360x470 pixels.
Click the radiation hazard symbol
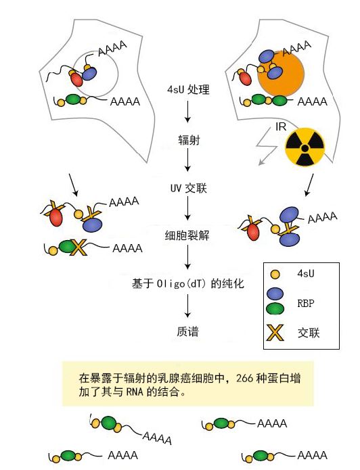tap(305, 147)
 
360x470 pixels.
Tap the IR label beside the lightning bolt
tap(281, 126)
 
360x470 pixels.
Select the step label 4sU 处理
tap(188, 90)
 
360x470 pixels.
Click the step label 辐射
tap(189, 140)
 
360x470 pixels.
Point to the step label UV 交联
tap(189, 188)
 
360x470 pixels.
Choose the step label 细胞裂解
tap(187, 235)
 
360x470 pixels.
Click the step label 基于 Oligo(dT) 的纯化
tap(188, 283)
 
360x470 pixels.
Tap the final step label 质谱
tap(187, 331)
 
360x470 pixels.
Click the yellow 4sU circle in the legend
tap(275, 274)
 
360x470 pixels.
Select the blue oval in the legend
tap(275, 293)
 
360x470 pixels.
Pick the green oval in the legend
tap(275, 308)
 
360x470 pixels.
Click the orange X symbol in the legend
tap(275, 333)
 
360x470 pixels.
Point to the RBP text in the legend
tap(306, 304)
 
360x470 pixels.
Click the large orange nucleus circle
tap(281, 74)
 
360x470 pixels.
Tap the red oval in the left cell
tap(76, 80)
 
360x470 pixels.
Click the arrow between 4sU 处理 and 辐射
tap(188, 112)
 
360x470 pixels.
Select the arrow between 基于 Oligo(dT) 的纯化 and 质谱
tap(188, 306)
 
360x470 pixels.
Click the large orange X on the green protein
tap(78, 248)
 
